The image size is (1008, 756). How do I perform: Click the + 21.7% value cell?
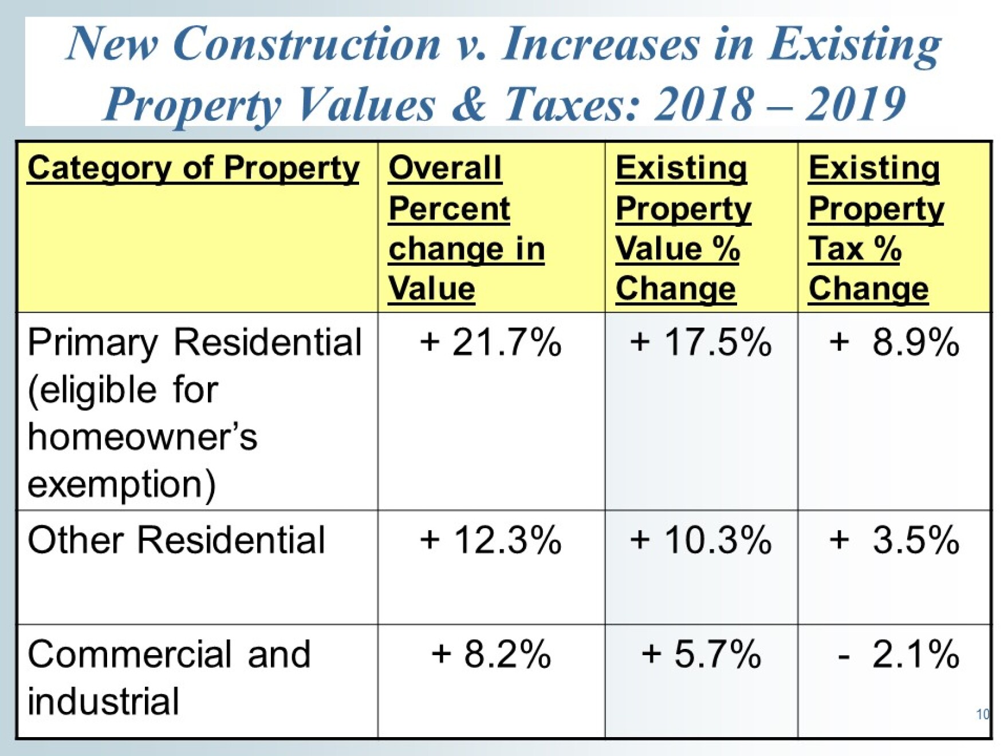point(490,342)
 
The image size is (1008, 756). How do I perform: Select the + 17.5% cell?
point(700,342)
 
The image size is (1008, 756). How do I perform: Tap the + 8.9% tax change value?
point(894,342)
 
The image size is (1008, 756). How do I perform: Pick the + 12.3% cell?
point(490,540)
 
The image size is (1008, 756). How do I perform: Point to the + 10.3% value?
point(700,540)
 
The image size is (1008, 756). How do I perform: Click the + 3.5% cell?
point(894,540)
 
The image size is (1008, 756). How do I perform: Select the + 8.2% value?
point(490,654)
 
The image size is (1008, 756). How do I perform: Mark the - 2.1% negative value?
point(897,654)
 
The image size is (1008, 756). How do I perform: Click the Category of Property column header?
point(194,169)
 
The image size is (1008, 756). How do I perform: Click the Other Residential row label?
point(176,540)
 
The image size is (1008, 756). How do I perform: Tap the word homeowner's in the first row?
point(142,438)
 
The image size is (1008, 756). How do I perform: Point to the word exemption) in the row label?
point(121,485)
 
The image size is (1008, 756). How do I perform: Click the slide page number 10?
point(982,714)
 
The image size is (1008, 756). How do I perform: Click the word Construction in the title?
point(306,44)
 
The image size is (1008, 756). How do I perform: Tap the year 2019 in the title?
point(855,104)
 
